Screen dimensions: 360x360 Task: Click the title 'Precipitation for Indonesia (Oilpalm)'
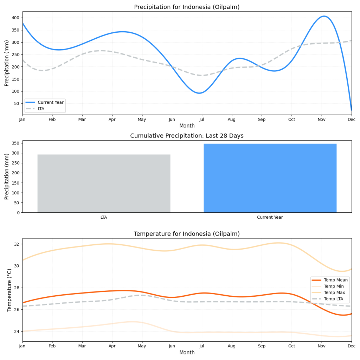187,7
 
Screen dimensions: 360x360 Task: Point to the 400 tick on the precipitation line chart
16,18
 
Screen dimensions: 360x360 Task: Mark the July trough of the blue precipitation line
200,93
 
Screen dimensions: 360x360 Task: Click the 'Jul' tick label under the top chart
202,120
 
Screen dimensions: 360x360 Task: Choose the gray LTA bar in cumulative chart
104,183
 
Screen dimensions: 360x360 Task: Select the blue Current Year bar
270,178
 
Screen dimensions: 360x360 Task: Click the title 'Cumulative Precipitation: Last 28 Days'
187,136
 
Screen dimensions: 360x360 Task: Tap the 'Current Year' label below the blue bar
270,217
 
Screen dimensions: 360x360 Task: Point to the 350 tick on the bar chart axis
16,143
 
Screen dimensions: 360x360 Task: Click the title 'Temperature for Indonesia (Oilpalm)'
187,234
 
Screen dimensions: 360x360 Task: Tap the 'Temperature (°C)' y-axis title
9,290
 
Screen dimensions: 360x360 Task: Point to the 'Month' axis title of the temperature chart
187,353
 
